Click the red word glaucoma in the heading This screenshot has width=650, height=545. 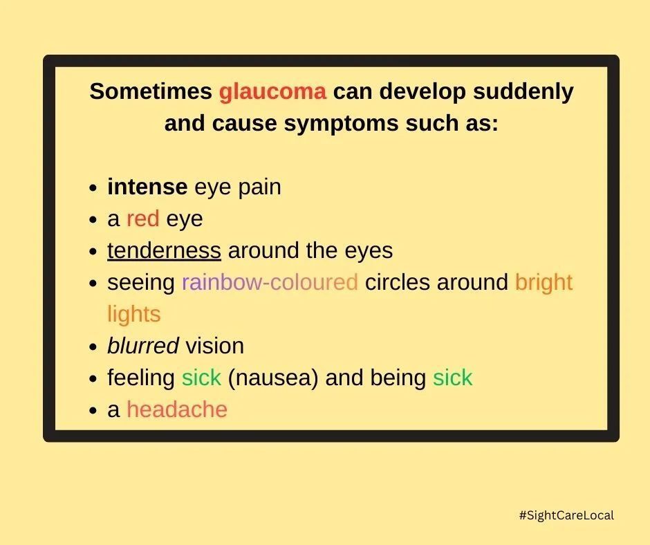[x=272, y=92]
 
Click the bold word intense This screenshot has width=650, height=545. [x=147, y=187]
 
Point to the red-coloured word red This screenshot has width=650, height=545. [x=142, y=219]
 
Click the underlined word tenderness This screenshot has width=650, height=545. [x=164, y=250]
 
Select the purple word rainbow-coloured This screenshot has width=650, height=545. [x=270, y=282]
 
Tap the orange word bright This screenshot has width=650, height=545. [x=544, y=282]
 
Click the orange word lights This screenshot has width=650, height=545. [x=133, y=314]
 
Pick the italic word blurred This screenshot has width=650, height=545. [x=142, y=346]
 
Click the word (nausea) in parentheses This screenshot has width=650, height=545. [x=272, y=378]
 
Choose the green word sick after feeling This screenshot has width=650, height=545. [x=201, y=378]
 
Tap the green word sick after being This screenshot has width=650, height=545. [x=452, y=378]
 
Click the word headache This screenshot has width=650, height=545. [x=177, y=409]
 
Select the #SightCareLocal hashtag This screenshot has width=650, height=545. [x=566, y=515]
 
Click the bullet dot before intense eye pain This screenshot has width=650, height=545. [x=93, y=188]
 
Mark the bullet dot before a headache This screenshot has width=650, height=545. [x=93, y=411]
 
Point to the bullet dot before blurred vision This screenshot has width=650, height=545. [x=93, y=347]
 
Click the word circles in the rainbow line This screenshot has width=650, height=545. [x=398, y=282]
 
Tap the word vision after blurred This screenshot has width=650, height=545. [x=214, y=346]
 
